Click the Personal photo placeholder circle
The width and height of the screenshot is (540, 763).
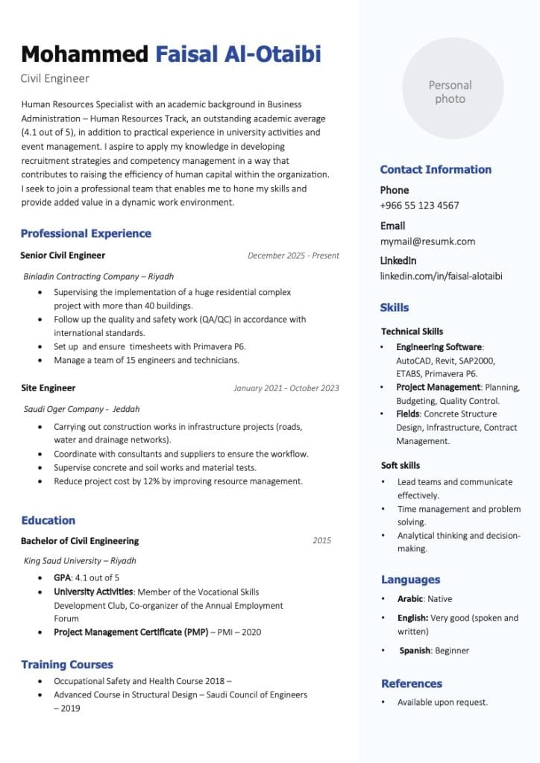pyautogui.click(x=450, y=89)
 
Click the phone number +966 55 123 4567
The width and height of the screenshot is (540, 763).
pyautogui.click(x=419, y=205)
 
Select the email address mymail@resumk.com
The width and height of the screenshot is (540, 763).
pyautogui.click(x=427, y=241)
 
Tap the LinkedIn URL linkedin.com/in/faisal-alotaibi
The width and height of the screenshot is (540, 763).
pyautogui.click(x=441, y=276)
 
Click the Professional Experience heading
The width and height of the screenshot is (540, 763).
pyautogui.click(x=86, y=233)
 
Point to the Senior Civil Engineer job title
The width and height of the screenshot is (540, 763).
pyautogui.click(x=63, y=256)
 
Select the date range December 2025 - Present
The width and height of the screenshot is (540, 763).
pyautogui.click(x=293, y=256)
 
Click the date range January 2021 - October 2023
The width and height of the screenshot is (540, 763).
pyautogui.click(x=286, y=388)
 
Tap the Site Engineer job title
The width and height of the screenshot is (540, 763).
pyautogui.click(x=48, y=388)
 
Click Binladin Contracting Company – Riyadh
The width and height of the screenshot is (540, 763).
pyautogui.click(x=98, y=276)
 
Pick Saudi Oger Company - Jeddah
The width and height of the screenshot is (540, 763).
pyautogui.click(x=82, y=409)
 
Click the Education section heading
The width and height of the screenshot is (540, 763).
pyautogui.click(x=48, y=520)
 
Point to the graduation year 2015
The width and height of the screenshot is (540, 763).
pyautogui.click(x=321, y=541)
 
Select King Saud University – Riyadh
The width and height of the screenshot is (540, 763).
pyautogui.click(x=80, y=561)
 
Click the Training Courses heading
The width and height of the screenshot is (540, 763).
pyautogui.click(x=67, y=665)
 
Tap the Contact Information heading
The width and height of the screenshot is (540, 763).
pyautogui.click(x=436, y=169)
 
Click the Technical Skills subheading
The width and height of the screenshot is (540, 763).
pyautogui.click(x=412, y=332)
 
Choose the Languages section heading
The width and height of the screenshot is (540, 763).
pyautogui.click(x=410, y=580)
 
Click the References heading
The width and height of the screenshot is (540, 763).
pyautogui.click(x=411, y=683)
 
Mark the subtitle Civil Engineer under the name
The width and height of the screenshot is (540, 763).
pyautogui.click(x=54, y=78)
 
